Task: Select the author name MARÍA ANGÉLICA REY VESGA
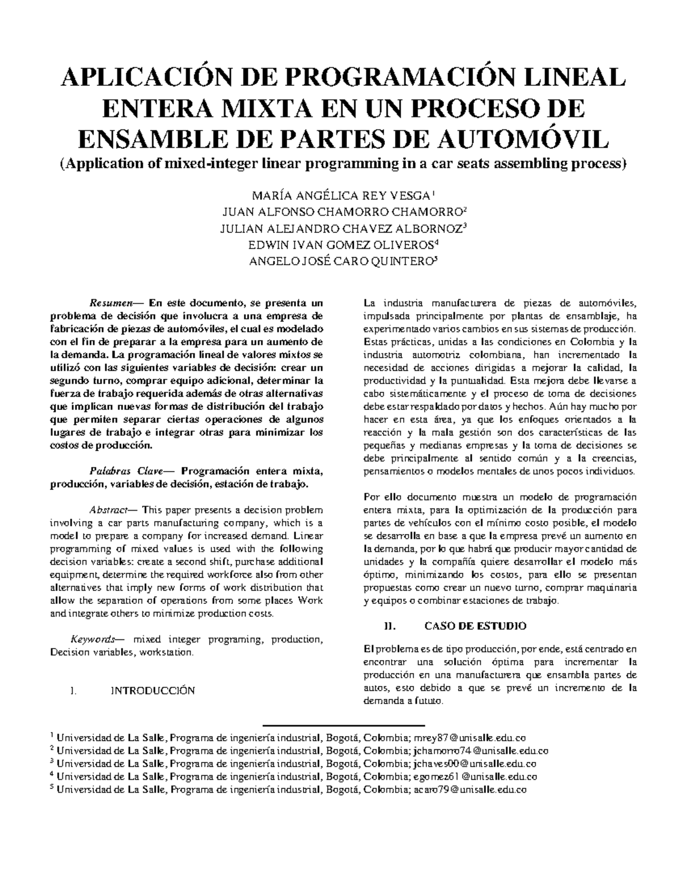pyautogui.click(x=340, y=195)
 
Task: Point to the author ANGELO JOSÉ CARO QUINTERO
pyautogui.click(x=341, y=262)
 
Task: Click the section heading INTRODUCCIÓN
pyautogui.click(x=152, y=690)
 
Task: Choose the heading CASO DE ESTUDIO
pyautogui.click(x=475, y=626)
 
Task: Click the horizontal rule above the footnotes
pyautogui.click(x=343, y=725)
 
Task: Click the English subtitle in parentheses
pyautogui.click(x=343, y=164)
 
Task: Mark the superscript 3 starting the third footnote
pyautogui.click(x=52, y=761)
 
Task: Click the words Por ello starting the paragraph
pyautogui.click(x=377, y=497)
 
